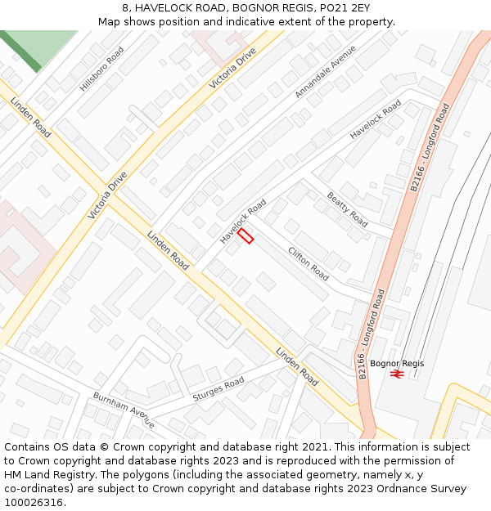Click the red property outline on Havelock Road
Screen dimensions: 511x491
click(x=245, y=235)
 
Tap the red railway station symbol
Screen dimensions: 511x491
click(x=397, y=374)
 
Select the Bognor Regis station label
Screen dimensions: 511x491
click(x=397, y=363)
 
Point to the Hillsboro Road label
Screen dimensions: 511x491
click(x=102, y=68)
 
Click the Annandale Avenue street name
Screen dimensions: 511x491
click(x=326, y=72)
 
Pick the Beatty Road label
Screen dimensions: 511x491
click(x=347, y=208)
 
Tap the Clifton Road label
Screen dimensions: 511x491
click(x=309, y=263)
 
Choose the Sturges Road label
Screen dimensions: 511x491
click(x=218, y=389)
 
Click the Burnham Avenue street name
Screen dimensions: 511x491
click(x=124, y=410)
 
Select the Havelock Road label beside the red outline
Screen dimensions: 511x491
click(x=243, y=220)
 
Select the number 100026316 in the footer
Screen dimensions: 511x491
click(x=34, y=502)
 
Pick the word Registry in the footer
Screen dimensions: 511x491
click(x=79, y=475)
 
